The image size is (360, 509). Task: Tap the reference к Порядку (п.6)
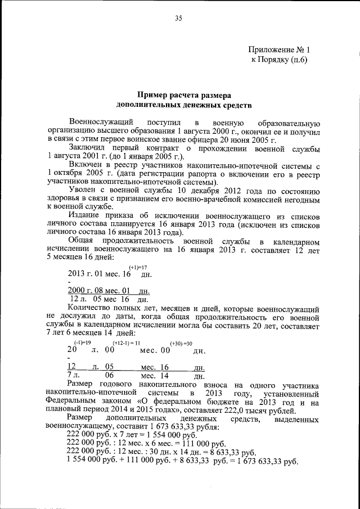(279, 61)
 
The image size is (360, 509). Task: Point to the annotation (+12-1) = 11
(126, 343)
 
